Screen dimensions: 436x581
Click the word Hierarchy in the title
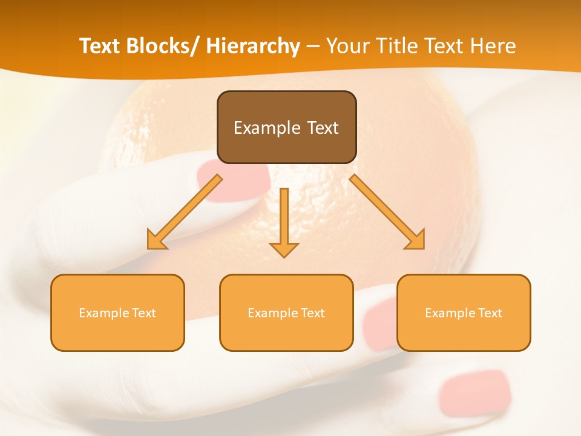point(252,46)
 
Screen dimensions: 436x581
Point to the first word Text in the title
point(100,46)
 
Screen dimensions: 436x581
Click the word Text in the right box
point(490,313)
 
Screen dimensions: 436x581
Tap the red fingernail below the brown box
point(233,177)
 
